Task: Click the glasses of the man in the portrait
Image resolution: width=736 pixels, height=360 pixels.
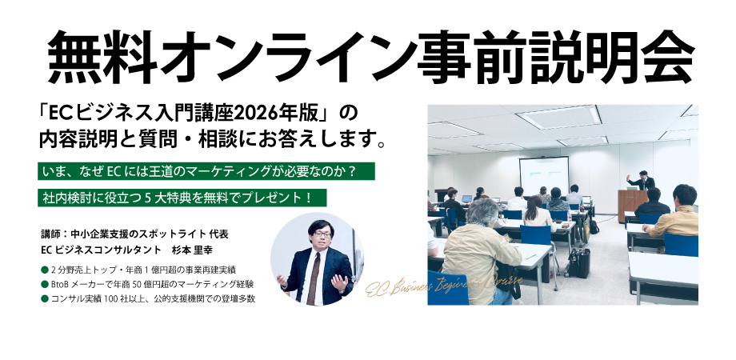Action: click(x=317, y=236)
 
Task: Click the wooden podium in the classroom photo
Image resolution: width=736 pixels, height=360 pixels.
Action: click(x=631, y=205)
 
